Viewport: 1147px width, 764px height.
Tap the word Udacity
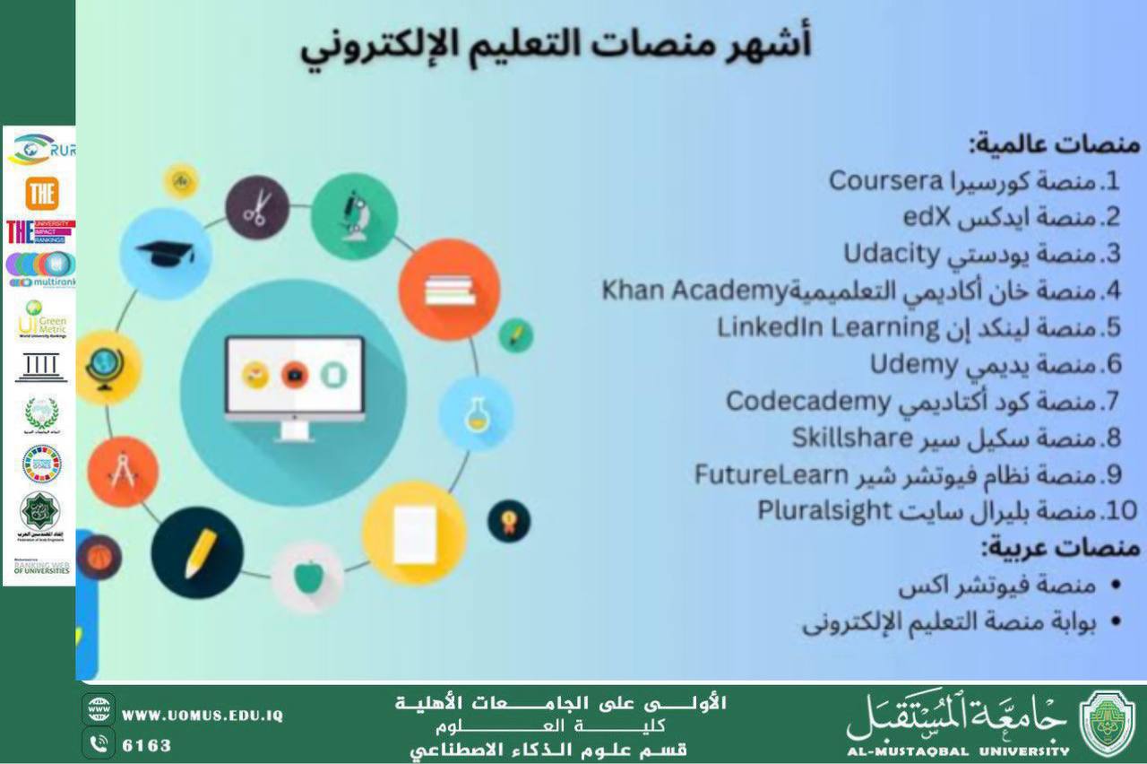[891, 254]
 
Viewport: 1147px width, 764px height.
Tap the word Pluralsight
[825, 511]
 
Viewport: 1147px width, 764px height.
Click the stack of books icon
[449, 290]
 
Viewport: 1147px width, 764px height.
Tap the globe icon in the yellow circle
[108, 368]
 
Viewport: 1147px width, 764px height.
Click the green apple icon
[307, 577]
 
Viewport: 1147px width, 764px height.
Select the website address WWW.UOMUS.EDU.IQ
[203, 716]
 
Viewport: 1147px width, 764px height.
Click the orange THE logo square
[41, 193]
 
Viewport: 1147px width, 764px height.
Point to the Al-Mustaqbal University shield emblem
[1108, 723]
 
